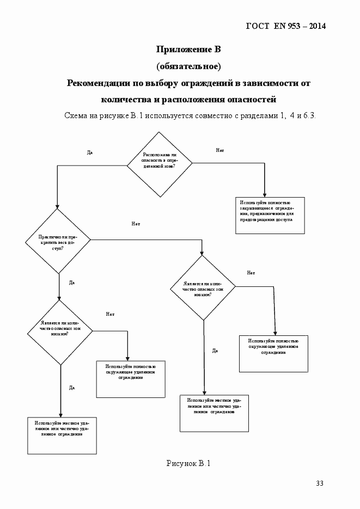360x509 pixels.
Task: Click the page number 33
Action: (x=320, y=483)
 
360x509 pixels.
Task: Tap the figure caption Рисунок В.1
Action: (x=188, y=463)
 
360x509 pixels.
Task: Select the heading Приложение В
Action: (x=188, y=50)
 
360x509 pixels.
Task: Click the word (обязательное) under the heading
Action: (x=188, y=66)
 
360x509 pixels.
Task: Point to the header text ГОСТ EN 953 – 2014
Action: (x=286, y=26)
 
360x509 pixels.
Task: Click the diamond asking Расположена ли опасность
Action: (x=159, y=163)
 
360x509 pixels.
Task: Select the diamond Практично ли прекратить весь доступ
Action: (x=58, y=241)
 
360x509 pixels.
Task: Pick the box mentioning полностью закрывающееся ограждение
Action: (x=270, y=214)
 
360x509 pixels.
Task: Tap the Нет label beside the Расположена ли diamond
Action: (x=220, y=150)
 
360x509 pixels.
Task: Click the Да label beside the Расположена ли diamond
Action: (x=90, y=152)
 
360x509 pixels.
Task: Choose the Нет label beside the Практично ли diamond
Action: (x=136, y=224)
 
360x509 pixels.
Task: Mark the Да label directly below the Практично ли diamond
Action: (x=72, y=283)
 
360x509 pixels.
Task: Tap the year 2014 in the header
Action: (x=316, y=26)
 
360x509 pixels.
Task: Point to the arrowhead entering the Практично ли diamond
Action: (x=58, y=206)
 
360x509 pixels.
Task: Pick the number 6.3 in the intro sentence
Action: (x=310, y=116)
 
